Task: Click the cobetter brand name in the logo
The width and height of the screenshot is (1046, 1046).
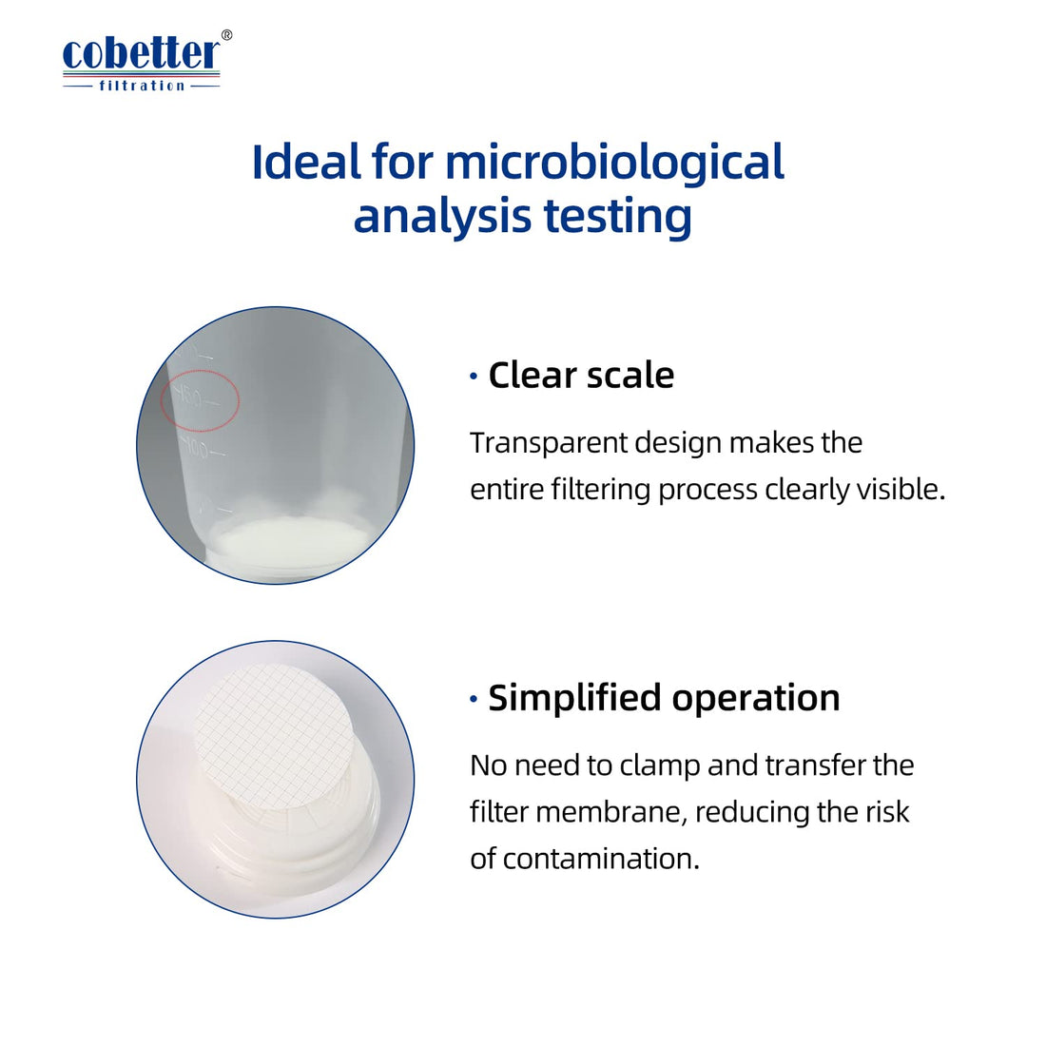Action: pyautogui.click(x=140, y=54)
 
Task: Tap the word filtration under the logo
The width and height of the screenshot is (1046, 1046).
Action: pyautogui.click(x=142, y=86)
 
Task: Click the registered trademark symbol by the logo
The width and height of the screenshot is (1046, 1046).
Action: pyautogui.click(x=225, y=35)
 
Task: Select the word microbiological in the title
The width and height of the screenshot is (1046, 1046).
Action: pyautogui.click(x=614, y=162)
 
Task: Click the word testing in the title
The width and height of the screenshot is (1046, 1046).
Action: pyautogui.click(x=617, y=216)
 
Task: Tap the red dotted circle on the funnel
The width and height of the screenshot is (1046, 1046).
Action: pyautogui.click(x=200, y=399)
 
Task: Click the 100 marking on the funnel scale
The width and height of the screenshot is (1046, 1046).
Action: pyautogui.click(x=196, y=448)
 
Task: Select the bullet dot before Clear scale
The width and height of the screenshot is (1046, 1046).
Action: pyautogui.click(x=474, y=377)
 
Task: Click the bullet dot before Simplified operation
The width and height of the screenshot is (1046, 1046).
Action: pyautogui.click(x=474, y=699)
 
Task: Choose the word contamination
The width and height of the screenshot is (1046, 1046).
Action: pyautogui.click(x=600, y=859)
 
